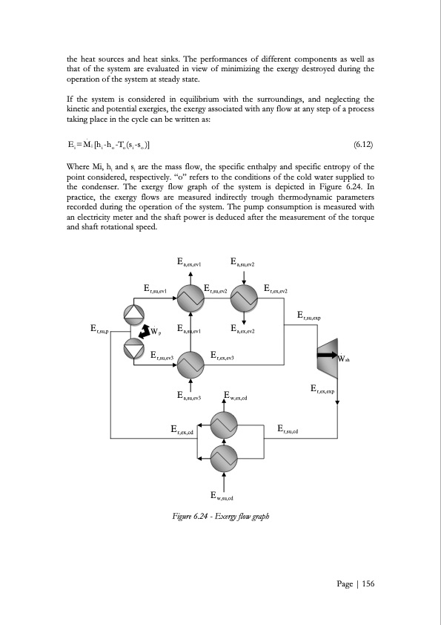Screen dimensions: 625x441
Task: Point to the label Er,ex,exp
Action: pos(322,389)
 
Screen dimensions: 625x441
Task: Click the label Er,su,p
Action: pos(100,329)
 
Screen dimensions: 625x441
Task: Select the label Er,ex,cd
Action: pos(182,429)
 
